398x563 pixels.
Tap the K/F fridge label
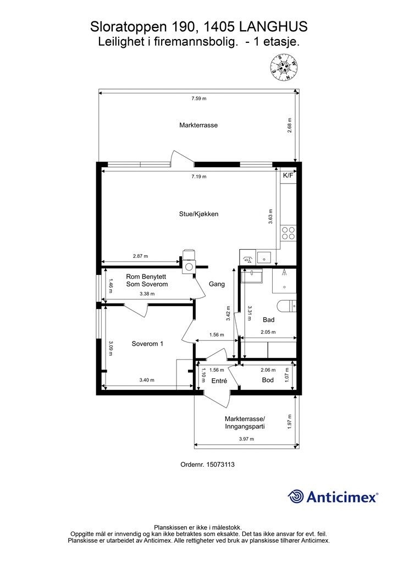[288, 175]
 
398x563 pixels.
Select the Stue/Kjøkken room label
[199, 214]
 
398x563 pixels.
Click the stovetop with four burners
[288, 233]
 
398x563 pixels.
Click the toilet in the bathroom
[287, 306]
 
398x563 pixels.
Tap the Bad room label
[268, 319]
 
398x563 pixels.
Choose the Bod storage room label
[268, 380]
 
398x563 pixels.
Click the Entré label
[219, 382]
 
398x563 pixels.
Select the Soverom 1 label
[147, 344]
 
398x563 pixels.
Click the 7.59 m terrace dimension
[199, 98]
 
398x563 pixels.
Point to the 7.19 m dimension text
[199, 176]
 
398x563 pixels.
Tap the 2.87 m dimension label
[140, 256]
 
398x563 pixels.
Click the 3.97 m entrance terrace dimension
[247, 439]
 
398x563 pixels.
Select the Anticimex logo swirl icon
[296, 496]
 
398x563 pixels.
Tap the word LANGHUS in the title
[273, 26]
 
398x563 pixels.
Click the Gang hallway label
[217, 284]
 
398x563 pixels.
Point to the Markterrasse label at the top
[198, 125]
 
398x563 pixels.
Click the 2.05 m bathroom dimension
[268, 332]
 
